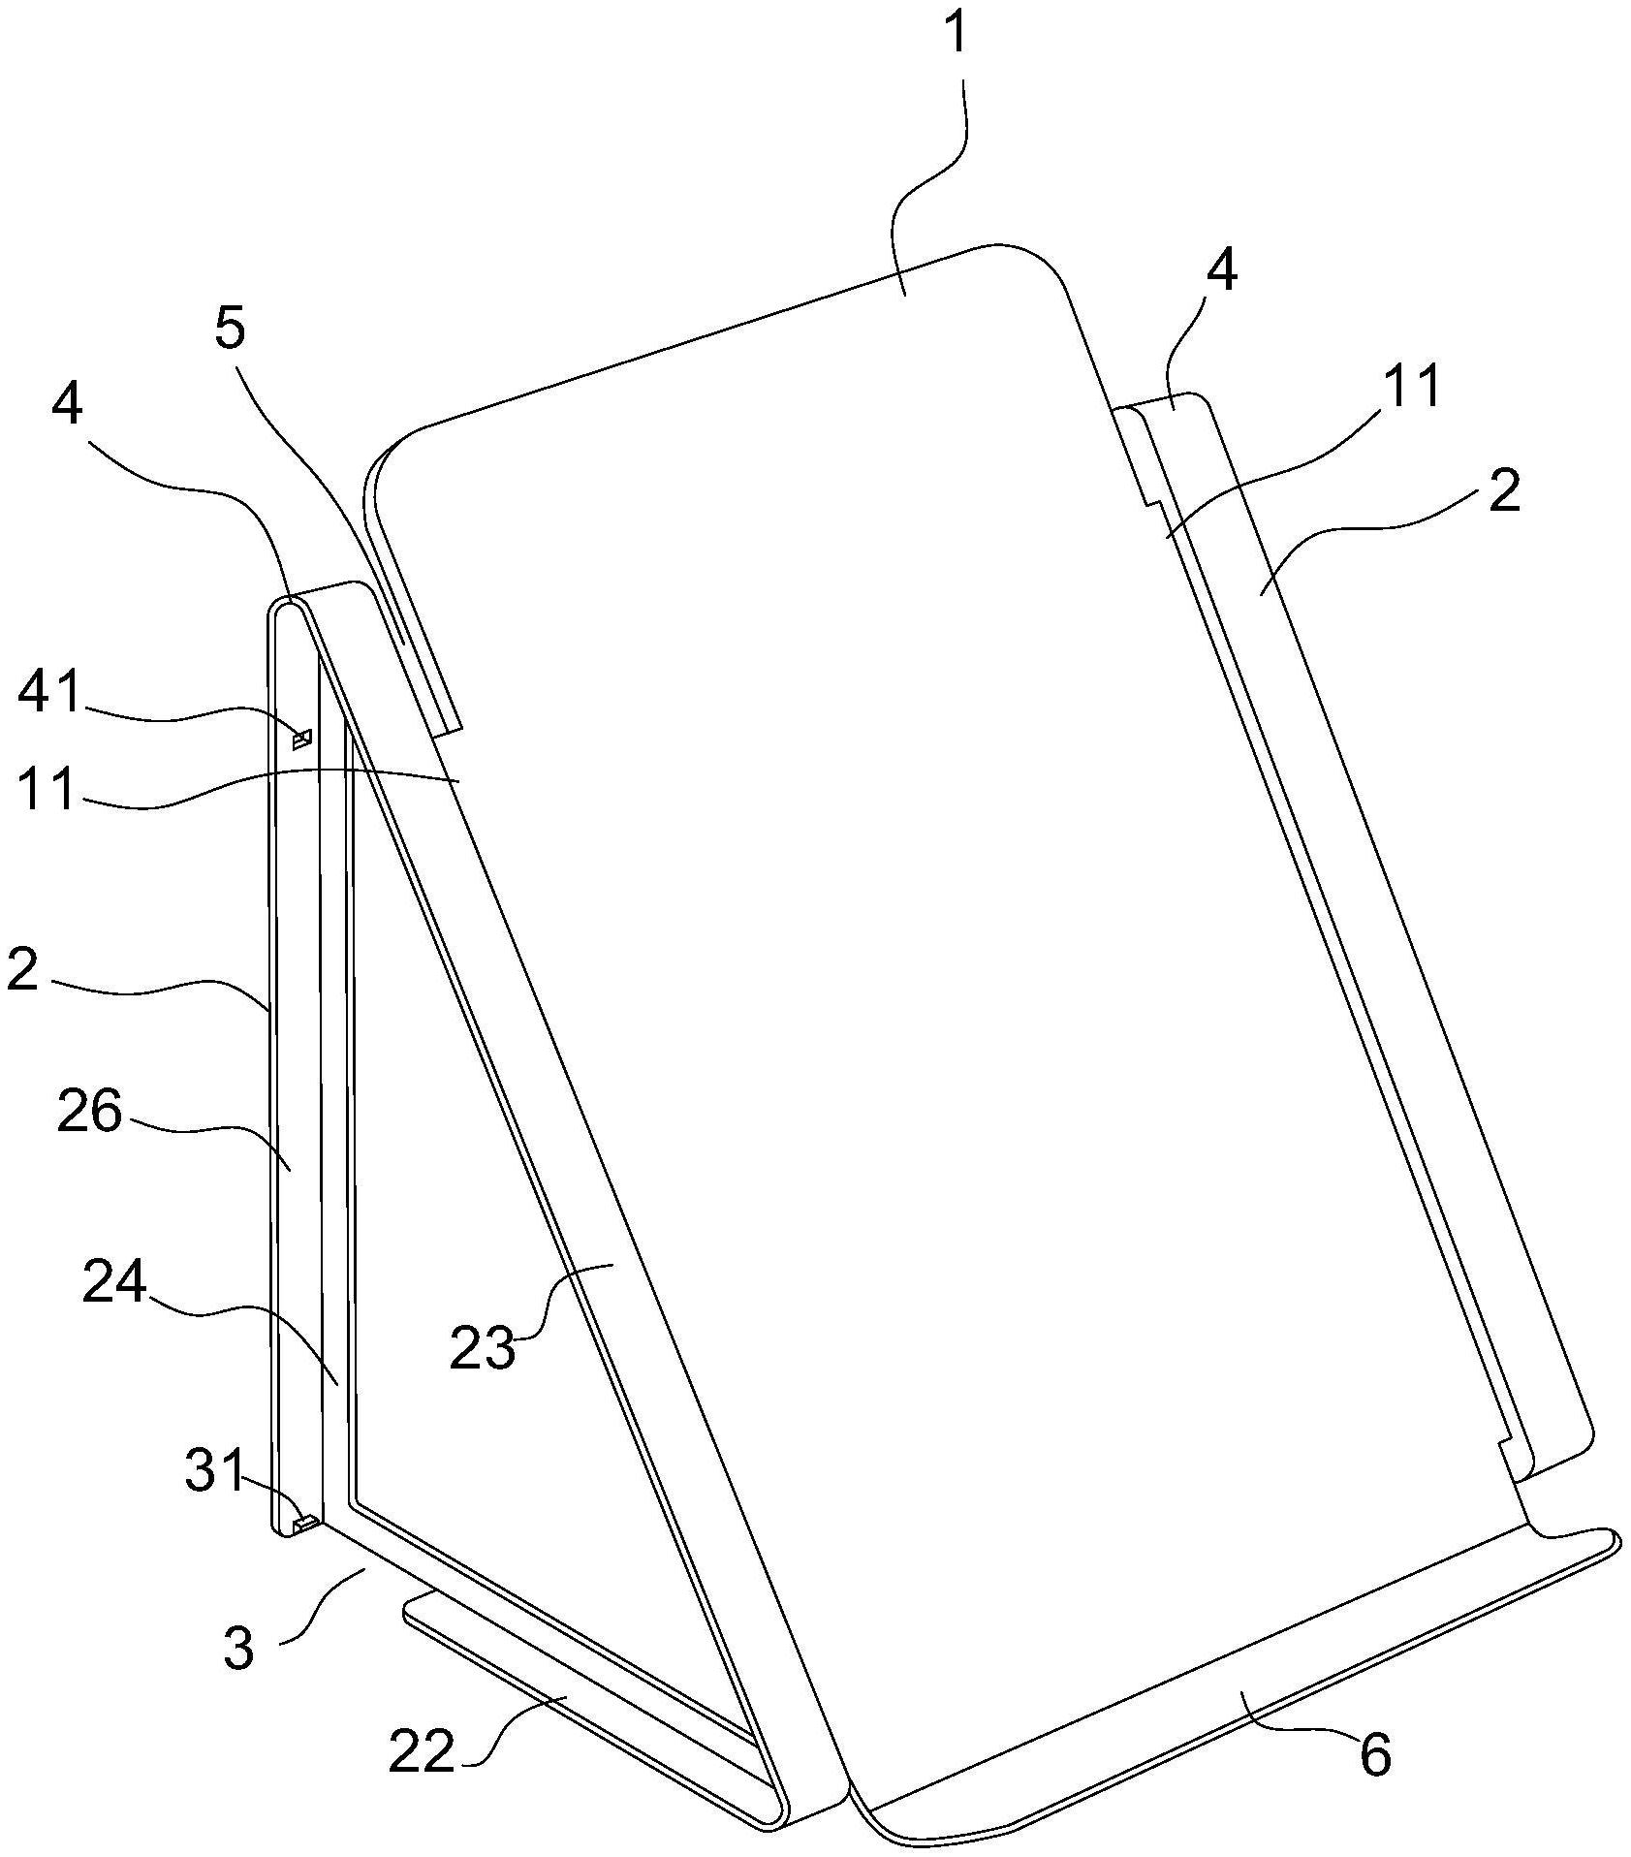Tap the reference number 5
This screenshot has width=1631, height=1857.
pos(230,330)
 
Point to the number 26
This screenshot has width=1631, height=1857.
pos(89,1113)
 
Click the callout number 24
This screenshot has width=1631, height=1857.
pos(113,1283)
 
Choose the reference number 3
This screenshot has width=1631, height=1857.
pos(237,1648)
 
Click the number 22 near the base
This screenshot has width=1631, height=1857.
pos(421,1750)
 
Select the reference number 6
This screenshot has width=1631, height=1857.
pos(1374,1752)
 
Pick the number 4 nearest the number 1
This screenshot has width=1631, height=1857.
pos(1221,270)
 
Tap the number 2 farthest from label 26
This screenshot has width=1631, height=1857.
pos(1503,492)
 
